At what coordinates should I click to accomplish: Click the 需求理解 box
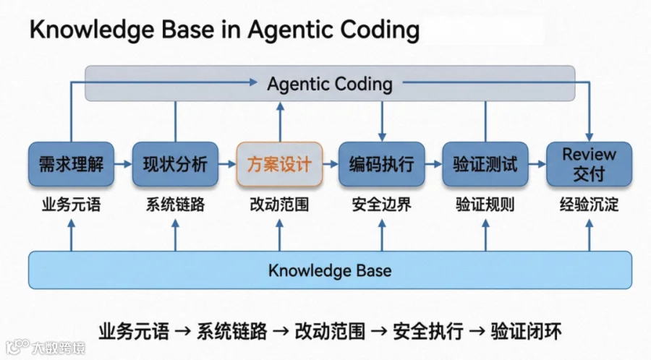point(71,164)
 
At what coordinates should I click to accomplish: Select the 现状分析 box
point(175,164)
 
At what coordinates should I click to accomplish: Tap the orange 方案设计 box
point(279,164)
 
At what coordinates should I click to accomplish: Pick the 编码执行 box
point(381,164)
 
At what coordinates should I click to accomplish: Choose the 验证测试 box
point(485,164)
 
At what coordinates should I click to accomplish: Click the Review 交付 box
point(589,164)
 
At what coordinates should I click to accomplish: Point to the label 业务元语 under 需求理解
point(71,205)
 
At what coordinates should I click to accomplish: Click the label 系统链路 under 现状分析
point(175,205)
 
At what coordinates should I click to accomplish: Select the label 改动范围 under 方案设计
point(279,205)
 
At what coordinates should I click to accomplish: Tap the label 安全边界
point(381,205)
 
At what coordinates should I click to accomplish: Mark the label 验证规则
point(485,205)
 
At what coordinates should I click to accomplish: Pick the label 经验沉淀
point(589,205)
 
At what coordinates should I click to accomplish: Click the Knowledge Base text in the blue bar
point(330,270)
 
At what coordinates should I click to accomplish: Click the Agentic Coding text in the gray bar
point(330,84)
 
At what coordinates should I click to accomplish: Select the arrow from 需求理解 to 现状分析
point(123,164)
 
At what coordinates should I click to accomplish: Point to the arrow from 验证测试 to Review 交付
point(537,164)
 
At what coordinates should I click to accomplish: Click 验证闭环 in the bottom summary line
point(526,331)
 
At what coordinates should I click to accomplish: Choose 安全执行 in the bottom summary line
point(428,331)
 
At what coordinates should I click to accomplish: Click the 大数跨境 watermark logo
point(45,347)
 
